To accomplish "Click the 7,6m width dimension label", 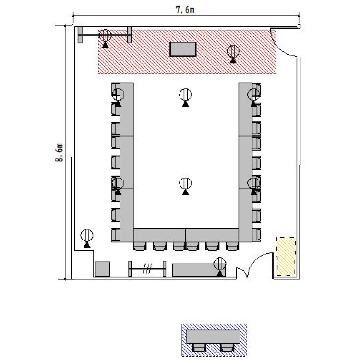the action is point(185,10).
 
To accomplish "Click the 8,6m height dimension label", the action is point(59,153).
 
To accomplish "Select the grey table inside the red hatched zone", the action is point(183,49).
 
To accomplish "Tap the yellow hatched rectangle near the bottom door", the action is point(286,256).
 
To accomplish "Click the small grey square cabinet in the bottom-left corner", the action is point(102,269).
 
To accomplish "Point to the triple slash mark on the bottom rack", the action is point(147,268).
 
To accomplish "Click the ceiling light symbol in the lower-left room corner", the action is point(87,238).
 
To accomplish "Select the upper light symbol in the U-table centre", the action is point(185,97).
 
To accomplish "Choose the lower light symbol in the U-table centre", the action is point(185,186).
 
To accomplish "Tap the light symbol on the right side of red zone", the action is point(233,54).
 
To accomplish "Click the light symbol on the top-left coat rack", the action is point(105,38).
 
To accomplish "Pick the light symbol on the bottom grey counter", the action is point(220,266).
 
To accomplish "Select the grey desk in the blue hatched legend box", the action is point(214,336).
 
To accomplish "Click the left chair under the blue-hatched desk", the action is point(199,348).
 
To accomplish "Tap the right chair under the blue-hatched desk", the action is point(228,348).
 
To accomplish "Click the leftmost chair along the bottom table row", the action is point(140,246).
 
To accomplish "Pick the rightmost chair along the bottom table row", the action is point(232,246).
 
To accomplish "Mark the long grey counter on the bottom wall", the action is point(199,270).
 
